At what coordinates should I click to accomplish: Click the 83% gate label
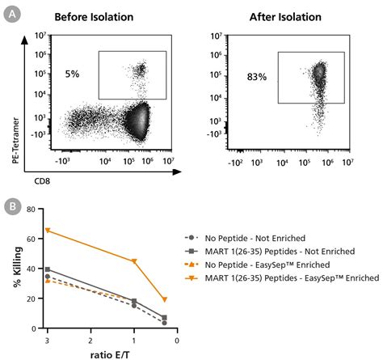(x=258, y=78)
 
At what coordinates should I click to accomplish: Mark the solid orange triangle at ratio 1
(x=134, y=261)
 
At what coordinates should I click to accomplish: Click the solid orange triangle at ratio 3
(x=48, y=231)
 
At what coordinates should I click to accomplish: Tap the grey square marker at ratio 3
(x=48, y=269)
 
